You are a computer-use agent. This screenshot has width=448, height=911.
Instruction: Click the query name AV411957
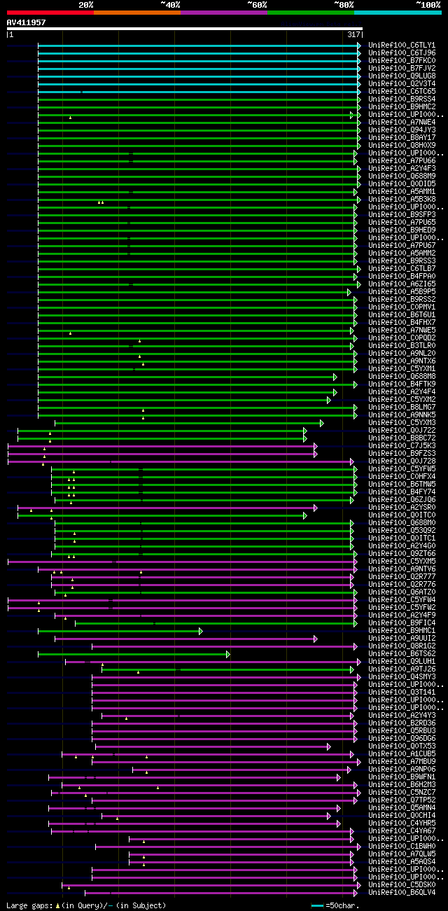[x=27, y=22]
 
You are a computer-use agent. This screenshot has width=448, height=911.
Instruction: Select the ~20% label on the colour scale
[x=86, y=5]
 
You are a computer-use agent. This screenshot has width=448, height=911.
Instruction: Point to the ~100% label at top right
[x=428, y=5]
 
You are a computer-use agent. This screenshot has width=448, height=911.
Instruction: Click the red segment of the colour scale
[x=50, y=13]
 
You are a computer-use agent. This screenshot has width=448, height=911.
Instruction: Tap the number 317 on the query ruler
[x=353, y=34]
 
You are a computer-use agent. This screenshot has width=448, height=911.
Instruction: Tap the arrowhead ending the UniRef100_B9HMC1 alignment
[x=201, y=631]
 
